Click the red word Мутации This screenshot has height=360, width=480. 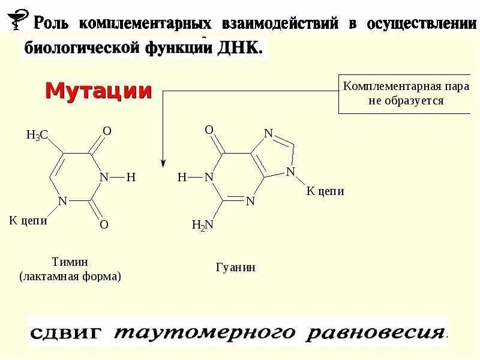click(x=99, y=91)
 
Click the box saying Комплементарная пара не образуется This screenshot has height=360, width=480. click(x=406, y=94)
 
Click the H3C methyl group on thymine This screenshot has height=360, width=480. click(x=37, y=136)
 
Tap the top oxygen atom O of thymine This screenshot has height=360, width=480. click(x=107, y=131)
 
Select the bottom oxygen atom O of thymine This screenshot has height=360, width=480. click(x=104, y=224)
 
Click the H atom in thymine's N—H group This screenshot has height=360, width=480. click(x=131, y=177)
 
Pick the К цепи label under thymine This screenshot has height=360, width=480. click(x=28, y=221)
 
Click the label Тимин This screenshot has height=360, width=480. click(x=70, y=262)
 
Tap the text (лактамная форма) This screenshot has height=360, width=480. click(x=70, y=277)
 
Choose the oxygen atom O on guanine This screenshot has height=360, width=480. click(x=209, y=130)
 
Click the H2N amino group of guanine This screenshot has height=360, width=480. click(x=202, y=225)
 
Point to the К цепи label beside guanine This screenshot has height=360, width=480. click(x=325, y=191)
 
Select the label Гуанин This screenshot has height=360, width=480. click(x=235, y=267)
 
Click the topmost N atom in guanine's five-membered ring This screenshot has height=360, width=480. click(x=268, y=133)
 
